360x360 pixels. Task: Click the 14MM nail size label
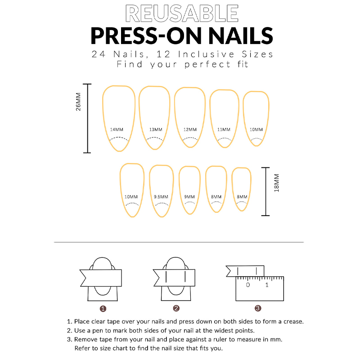117,130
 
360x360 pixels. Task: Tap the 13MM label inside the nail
156,130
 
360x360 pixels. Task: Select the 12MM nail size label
190,130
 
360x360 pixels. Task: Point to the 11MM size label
224,130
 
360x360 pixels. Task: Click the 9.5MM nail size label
161,197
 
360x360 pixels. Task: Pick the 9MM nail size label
189,197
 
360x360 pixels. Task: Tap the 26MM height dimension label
78,102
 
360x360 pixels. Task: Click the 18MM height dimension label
277,183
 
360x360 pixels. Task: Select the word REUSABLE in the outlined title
182,13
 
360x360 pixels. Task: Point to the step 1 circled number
103,309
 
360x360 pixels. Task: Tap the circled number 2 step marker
176,308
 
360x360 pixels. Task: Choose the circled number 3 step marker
258,308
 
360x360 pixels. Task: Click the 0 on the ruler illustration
248,285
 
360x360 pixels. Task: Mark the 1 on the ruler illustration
267,285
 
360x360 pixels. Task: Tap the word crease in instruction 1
293,322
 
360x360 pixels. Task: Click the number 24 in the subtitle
99,54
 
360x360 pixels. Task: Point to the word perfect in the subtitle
207,64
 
